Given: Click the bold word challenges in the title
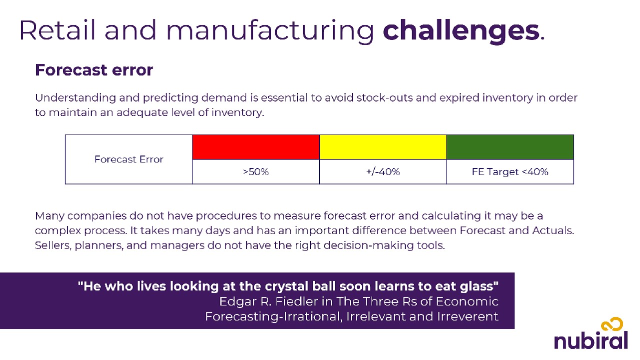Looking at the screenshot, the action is click(x=461, y=31).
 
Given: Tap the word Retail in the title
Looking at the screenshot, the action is click(x=57, y=30).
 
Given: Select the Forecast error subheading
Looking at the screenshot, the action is click(x=94, y=70).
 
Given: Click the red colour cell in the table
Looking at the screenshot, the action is click(x=255, y=147).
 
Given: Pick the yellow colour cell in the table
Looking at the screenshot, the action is click(x=383, y=147).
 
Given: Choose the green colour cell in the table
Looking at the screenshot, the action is click(x=510, y=147).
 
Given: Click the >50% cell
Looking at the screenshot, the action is click(x=255, y=171).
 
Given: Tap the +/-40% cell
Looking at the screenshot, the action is click(x=383, y=171).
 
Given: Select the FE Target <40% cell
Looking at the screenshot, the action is click(x=510, y=171).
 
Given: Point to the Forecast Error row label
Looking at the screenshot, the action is click(x=129, y=159).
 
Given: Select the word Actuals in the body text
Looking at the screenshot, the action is click(x=553, y=230).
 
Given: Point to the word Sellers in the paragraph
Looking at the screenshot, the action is click(x=53, y=245).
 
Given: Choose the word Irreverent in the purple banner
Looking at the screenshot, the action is click(x=467, y=316).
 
